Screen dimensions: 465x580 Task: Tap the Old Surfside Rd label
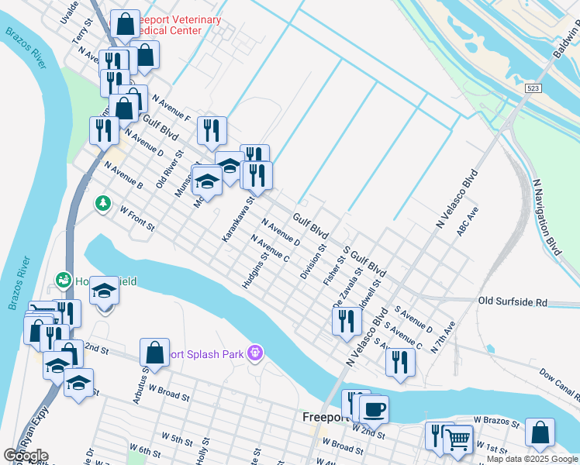(513, 301)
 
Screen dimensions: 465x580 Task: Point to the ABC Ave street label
(468, 221)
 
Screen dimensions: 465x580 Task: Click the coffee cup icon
(374, 408)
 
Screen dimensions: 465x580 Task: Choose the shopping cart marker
(457, 439)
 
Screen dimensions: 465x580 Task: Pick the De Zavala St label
(347, 288)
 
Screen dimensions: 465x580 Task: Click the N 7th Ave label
(444, 338)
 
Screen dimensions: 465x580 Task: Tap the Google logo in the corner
(25, 455)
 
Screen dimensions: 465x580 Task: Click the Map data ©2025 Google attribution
(532, 459)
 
